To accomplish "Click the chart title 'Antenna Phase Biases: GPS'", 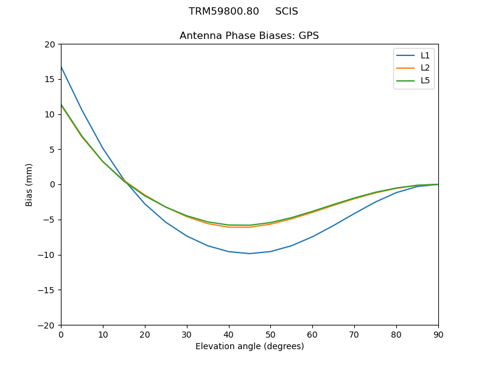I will pyautogui.click(x=249, y=36).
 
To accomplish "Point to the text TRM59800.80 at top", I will pyautogui.click(x=223, y=12).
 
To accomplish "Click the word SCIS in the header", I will pyautogui.click(x=286, y=12).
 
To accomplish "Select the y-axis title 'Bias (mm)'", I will pyautogui.click(x=29, y=184).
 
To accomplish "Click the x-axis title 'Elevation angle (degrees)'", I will pyautogui.click(x=249, y=346).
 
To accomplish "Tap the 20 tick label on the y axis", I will pyautogui.click(x=50, y=44).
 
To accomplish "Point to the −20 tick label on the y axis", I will pyautogui.click(x=47, y=325).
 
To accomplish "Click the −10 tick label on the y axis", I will pyautogui.click(x=47, y=255).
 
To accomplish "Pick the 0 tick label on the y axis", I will pyautogui.click(x=52, y=184).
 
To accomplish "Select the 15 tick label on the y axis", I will pyautogui.click(x=50, y=79).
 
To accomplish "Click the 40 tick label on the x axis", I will pyautogui.click(x=228, y=334).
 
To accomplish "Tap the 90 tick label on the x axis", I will pyautogui.click(x=438, y=334).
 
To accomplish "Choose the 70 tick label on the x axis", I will pyautogui.click(x=354, y=334).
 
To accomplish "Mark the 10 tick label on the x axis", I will pyautogui.click(x=103, y=334).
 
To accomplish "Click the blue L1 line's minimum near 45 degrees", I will pyautogui.click(x=250, y=253).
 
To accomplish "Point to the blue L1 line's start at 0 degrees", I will pyautogui.click(x=61, y=66).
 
